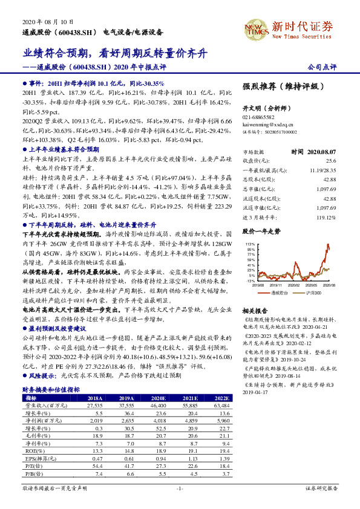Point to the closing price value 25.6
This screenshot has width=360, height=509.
331,161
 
